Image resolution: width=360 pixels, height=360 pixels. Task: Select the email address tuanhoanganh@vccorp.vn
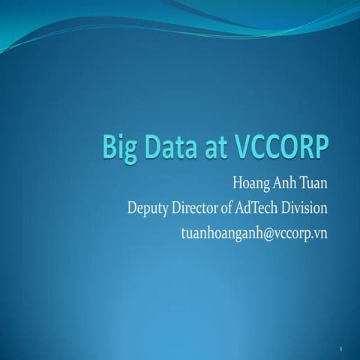click(x=254, y=232)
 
